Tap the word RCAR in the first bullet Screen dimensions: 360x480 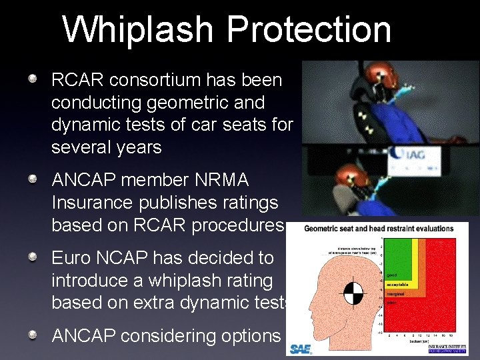click(x=79, y=81)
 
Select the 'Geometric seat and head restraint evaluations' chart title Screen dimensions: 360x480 click(x=379, y=229)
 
